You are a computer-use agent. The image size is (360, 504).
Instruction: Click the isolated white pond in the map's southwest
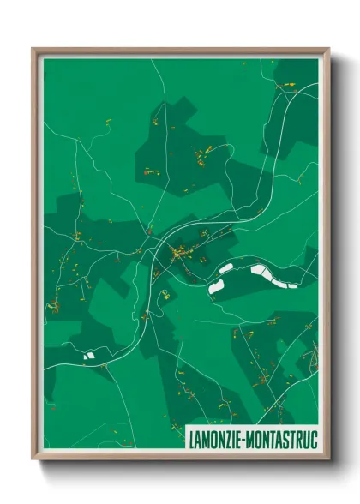click(88, 353)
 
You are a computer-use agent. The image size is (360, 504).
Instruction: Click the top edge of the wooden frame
click(180, 50)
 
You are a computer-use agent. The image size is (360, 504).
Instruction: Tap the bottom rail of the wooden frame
click(180, 459)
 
